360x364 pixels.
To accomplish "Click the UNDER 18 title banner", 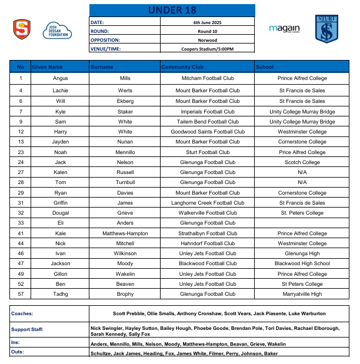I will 172,10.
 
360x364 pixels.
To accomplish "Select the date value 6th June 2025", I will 208,22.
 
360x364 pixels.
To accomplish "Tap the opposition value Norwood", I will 208,40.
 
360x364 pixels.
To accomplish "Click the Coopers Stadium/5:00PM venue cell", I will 208,49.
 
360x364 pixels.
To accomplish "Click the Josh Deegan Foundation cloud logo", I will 56,30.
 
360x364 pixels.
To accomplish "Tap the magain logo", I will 284,29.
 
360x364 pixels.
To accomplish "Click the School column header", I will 265,67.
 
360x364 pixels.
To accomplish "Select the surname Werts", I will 125,91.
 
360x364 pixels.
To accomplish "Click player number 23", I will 21,152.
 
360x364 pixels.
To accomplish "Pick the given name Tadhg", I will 60,294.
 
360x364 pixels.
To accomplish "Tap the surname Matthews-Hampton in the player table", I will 125,233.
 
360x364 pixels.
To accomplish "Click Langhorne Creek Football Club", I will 207,203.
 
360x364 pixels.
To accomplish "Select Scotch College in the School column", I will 302,162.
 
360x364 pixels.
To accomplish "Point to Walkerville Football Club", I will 207,213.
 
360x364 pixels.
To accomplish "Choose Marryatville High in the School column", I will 302,294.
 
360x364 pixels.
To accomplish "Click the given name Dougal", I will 60,213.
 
